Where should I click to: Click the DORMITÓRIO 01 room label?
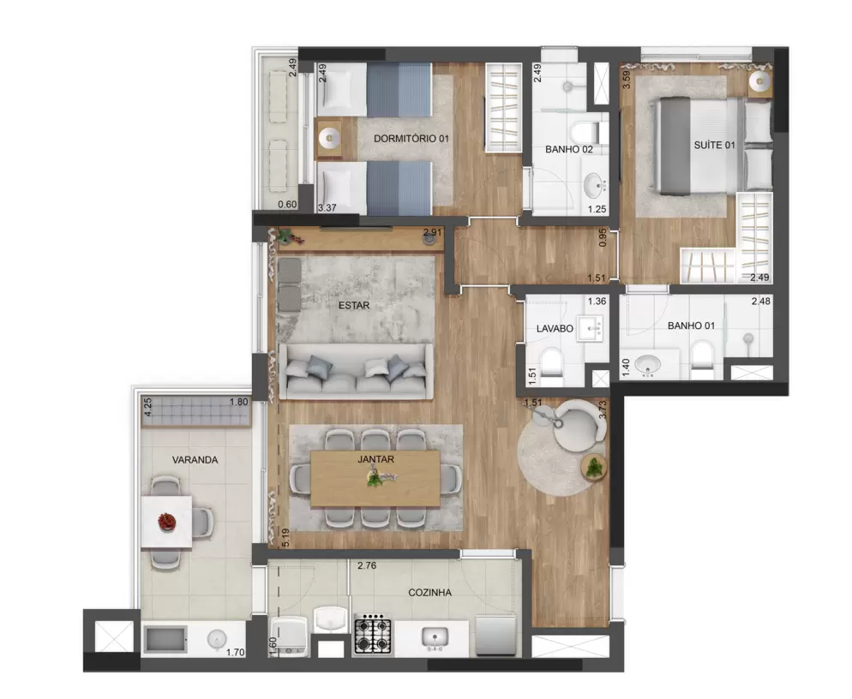tap(411, 139)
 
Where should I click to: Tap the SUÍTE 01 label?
tap(714, 145)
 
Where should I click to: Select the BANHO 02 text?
tap(569, 149)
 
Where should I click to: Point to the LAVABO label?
tap(555, 329)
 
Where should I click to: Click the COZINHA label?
tap(429, 593)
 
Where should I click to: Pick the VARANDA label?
tap(195, 460)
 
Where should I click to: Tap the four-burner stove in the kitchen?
tap(374, 634)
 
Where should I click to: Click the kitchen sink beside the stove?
tap(435, 637)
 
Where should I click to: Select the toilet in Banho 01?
tap(703, 360)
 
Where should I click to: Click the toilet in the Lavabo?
tap(552, 367)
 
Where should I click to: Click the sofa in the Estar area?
tap(356, 371)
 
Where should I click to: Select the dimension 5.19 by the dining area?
tap(285, 538)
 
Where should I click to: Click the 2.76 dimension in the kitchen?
tap(367, 565)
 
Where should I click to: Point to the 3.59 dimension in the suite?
tap(627, 80)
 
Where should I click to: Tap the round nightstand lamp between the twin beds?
tap(329, 138)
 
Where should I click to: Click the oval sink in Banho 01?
tap(647, 366)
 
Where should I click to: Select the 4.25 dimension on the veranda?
tap(147, 407)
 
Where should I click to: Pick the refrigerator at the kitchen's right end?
tap(495, 635)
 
